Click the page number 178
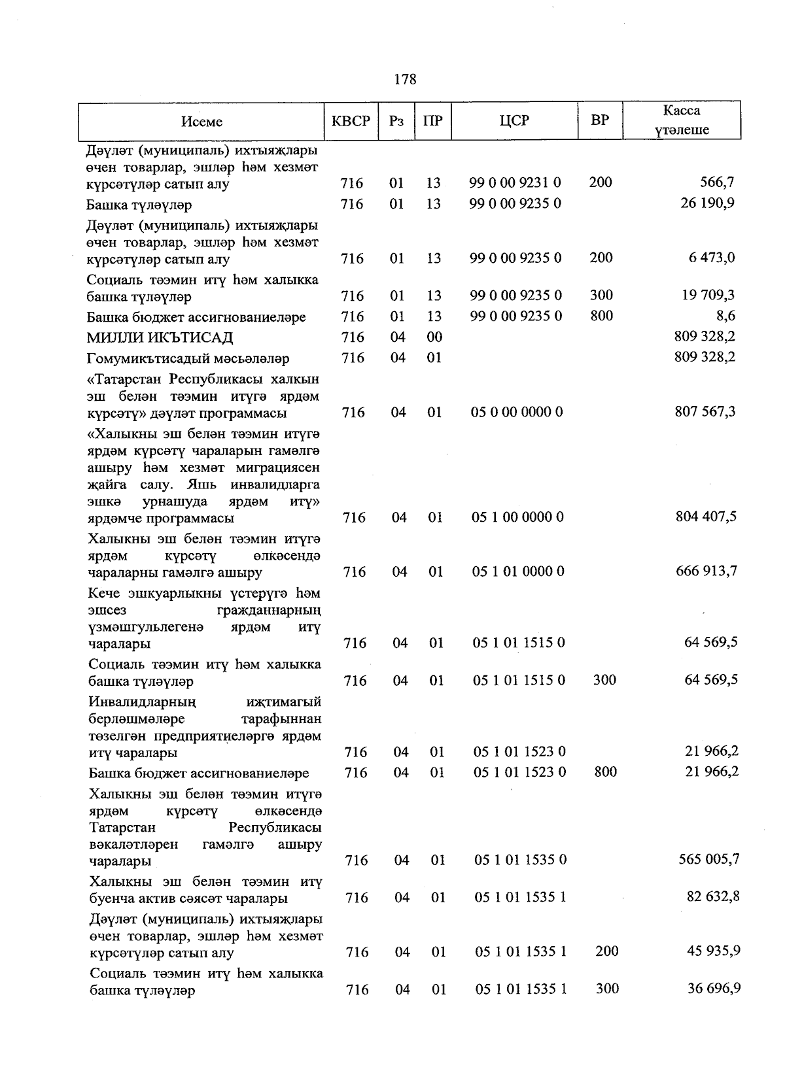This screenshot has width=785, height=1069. coord(405,80)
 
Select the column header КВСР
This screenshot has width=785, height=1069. coord(351,121)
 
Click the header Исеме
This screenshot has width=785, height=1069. coord(202,122)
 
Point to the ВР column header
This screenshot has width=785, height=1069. coord(600,120)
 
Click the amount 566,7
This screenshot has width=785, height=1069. coord(717,182)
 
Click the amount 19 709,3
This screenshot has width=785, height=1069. coord(708,296)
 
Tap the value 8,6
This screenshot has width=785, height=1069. coord(725,316)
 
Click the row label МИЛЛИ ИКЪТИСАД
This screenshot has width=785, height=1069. coord(160,338)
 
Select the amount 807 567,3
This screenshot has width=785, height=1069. coord(705,412)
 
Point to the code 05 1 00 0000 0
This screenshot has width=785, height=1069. coord(517,517)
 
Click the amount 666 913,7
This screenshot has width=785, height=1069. coord(706,571)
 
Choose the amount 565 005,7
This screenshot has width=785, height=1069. coord(709,859)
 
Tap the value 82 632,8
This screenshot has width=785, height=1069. coord(713,896)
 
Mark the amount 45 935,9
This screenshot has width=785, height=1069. coord(714,951)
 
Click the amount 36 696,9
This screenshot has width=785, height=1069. coord(714,989)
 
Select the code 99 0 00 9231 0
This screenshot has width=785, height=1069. coord(515,183)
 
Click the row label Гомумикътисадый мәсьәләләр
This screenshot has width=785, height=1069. coord(188,359)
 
